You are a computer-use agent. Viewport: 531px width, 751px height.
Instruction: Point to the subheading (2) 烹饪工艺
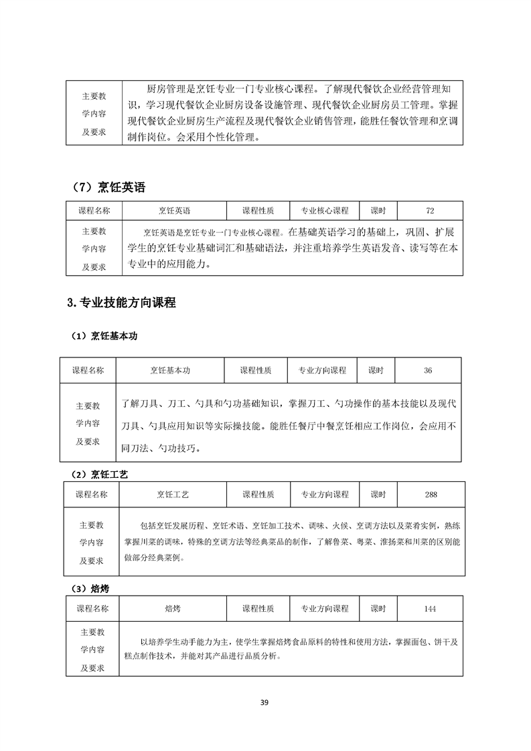coord(100,474)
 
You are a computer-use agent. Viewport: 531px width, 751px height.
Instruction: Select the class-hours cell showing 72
coord(430,210)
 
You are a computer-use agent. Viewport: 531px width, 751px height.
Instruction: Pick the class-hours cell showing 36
coord(428,370)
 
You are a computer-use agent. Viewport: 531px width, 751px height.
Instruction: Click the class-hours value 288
coord(431,494)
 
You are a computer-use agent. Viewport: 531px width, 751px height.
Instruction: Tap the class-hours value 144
coord(430,608)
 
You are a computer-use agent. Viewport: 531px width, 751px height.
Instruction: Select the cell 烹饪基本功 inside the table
coord(169,370)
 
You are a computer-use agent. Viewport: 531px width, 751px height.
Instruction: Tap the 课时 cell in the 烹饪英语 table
coord(378,210)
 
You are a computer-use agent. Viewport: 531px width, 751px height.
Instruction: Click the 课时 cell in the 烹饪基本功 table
coord(376,370)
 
